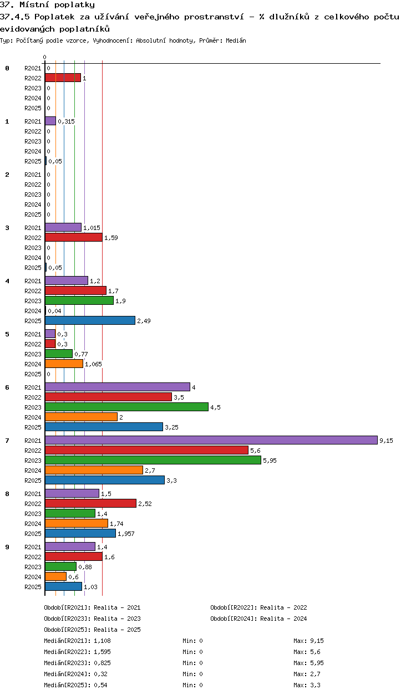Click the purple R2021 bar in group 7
[x=211, y=440]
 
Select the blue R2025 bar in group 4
[x=90, y=320]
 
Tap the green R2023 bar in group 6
[x=126, y=407]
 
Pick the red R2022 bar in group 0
[x=63, y=78]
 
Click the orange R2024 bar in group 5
[x=64, y=364]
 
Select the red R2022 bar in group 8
[x=90, y=503]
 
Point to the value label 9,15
[x=386, y=441]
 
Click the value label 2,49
[x=144, y=321]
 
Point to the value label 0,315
[x=66, y=121]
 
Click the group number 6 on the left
[x=7, y=387]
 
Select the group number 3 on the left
[x=7, y=228]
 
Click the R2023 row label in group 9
[x=33, y=566]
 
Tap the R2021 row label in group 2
[x=33, y=175]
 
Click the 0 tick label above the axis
[x=45, y=57]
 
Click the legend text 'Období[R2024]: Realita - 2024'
[x=258, y=619]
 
